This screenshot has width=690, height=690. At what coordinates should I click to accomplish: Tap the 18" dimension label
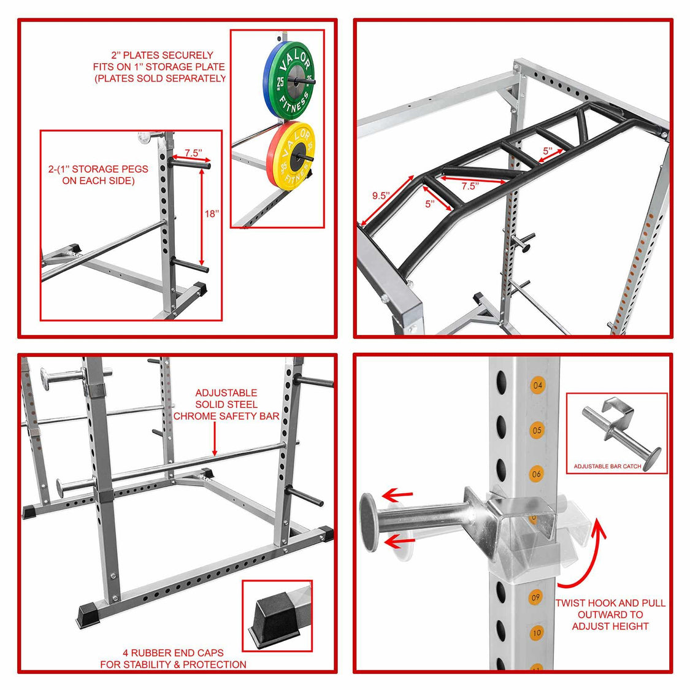(212, 213)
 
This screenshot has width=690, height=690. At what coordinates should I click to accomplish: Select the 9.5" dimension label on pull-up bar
(381, 196)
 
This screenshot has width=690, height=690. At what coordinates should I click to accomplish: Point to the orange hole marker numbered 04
(538, 386)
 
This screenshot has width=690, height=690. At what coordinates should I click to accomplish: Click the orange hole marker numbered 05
(537, 430)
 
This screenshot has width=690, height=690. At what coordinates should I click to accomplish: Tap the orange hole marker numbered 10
(537, 632)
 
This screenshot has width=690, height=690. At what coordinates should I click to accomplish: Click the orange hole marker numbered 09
(536, 597)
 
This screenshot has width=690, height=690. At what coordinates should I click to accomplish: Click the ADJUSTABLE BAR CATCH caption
(607, 466)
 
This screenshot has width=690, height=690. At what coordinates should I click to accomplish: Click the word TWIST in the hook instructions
(571, 603)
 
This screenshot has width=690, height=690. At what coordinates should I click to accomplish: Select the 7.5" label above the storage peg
(193, 153)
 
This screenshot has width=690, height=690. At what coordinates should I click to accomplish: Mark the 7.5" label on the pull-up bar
(469, 186)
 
